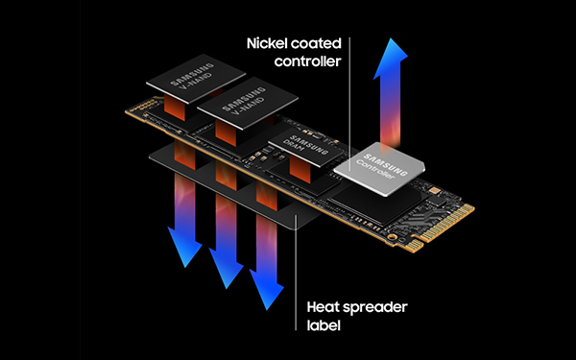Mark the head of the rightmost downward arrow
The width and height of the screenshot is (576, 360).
click(x=266, y=293)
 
